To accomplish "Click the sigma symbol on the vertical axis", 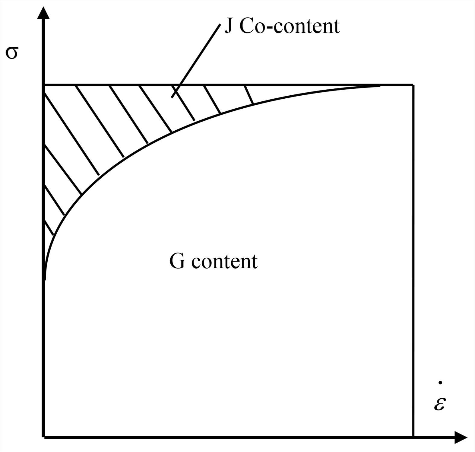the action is point(12,53).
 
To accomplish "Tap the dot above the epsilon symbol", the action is point(440,383).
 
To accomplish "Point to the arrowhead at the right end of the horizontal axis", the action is point(461,438).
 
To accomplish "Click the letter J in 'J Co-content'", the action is point(229,26).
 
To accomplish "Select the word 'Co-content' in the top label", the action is point(290,26).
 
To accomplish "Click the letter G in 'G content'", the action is point(177,261).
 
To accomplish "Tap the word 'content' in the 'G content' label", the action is point(224,262).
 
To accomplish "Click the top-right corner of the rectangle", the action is point(413,85).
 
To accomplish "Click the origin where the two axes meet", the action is point(44,437).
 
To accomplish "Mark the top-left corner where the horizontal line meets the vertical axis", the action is point(44,85).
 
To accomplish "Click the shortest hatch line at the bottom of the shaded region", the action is point(49,228).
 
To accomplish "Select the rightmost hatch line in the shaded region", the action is point(249,95).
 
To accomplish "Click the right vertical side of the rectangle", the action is point(413,259).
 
